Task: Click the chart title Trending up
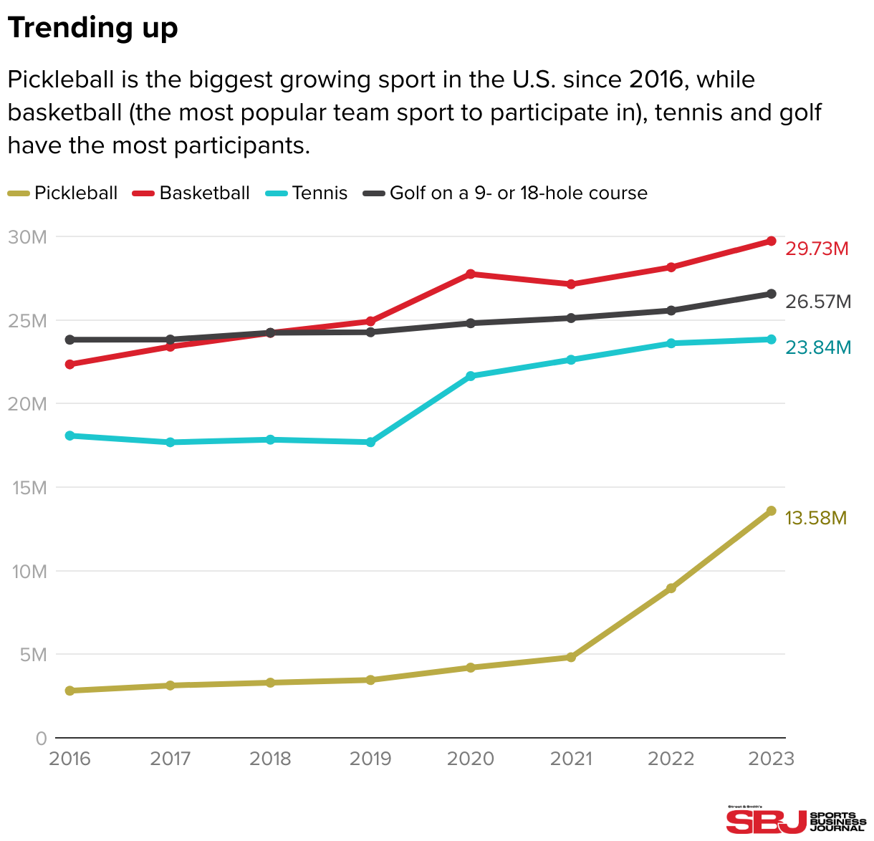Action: click(x=92, y=29)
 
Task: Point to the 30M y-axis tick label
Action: click(x=27, y=237)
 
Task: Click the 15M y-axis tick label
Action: click(x=29, y=488)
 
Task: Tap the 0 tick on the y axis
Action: click(x=41, y=739)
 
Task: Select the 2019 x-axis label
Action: click(x=370, y=759)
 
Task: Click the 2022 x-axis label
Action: click(x=671, y=759)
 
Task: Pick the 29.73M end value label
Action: click(x=817, y=249)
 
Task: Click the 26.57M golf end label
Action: click(x=818, y=302)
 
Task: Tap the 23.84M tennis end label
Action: click(x=818, y=347)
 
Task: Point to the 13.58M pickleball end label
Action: click(x=816, y=518)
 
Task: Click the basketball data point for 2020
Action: click(x=471, y=274)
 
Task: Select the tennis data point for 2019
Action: click(x=370, y=442)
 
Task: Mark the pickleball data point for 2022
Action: click(x=671, y=588)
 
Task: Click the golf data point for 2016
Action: click(x=70, y=340)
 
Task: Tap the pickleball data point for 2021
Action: click(x=571, y=657)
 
